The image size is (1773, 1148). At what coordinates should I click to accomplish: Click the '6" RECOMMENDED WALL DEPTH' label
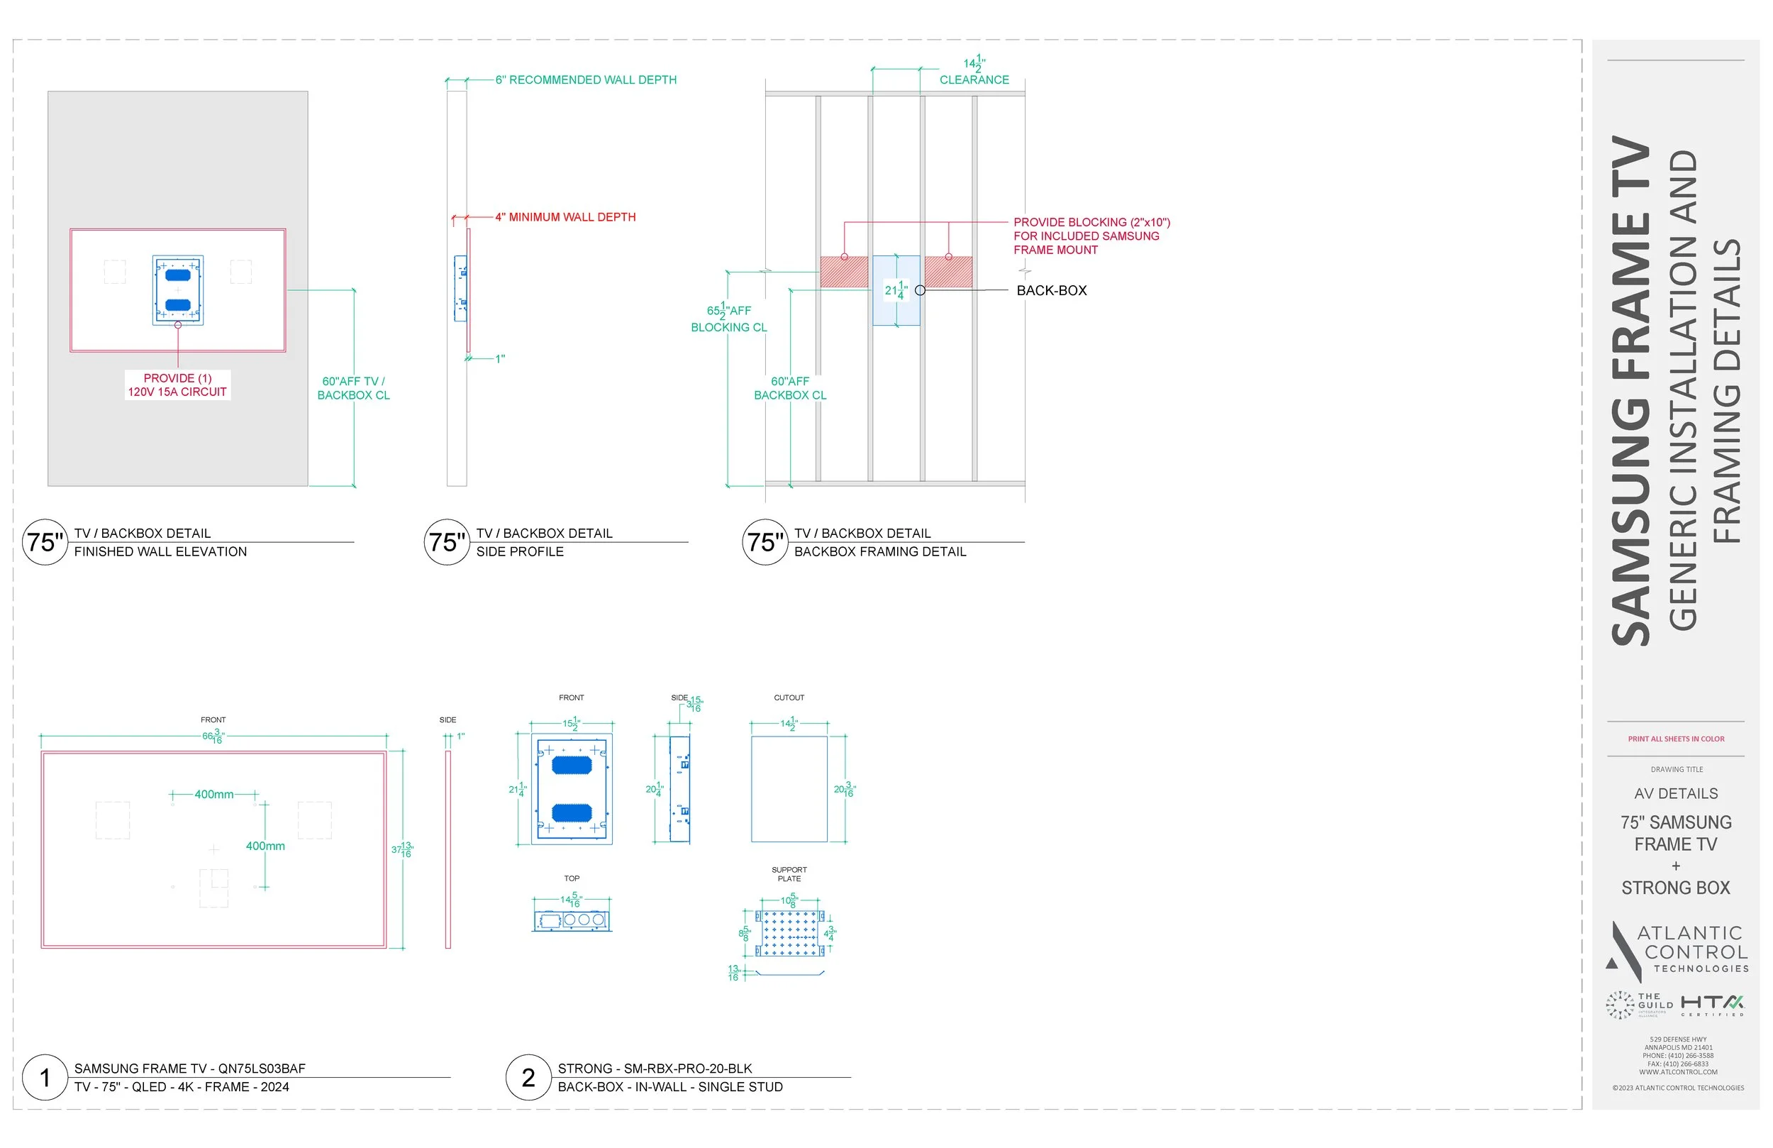(586, 79)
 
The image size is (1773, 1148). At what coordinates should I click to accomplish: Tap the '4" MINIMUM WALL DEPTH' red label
(565, 217)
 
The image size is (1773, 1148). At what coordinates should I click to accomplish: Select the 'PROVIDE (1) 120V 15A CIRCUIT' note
(177, 385)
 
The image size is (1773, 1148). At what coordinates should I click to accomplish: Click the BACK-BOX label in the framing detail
(1051, 291)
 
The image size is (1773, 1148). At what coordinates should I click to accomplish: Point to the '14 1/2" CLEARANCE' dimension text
(974, 72)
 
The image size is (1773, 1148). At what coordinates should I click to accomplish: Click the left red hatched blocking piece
(844, 272)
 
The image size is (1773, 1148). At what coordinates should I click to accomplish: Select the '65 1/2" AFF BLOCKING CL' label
(728, 319)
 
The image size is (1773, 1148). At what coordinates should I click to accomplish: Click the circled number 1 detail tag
(45, 1077)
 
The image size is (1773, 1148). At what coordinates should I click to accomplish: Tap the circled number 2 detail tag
(528, 1077)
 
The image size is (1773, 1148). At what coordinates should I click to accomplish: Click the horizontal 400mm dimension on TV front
(213, 795)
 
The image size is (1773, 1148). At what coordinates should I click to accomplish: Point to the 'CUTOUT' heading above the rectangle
(789, 697)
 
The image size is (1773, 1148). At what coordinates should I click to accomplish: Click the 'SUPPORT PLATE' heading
(789, 873)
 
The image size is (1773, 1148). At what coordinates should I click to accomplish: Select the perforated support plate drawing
(789, 932)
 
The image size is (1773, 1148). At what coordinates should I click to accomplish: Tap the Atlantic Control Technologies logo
(1676, 951)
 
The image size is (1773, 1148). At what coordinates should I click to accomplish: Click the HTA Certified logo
(1713, 1004)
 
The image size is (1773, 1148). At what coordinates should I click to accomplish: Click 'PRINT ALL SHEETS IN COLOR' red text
(1676, 739)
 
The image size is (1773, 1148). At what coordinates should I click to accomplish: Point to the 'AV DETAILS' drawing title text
(1676, 793)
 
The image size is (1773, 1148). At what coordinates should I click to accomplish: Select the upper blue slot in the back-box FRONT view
(572, 765)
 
